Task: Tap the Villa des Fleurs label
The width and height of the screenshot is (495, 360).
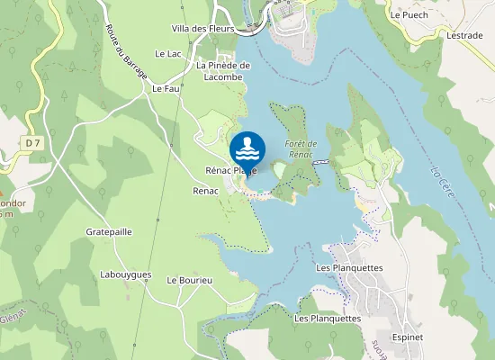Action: click(202, 29)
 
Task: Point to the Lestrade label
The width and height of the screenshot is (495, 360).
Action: click(464, 35)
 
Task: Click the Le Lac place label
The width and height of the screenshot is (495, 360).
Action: click(168, 54)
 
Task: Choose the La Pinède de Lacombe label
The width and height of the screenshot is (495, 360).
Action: click(222, 71)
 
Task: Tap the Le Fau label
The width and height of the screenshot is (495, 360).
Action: click(166, 89)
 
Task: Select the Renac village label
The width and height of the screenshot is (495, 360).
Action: click(206, 191)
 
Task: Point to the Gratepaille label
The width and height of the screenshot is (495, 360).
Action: click(109, 231)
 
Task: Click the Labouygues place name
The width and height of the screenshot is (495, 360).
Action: click(126, 274)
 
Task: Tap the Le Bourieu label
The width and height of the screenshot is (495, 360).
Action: click(189, 281)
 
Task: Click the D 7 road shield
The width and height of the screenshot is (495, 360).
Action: click(34, 142)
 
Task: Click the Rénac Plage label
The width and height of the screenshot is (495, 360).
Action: click(231, 171)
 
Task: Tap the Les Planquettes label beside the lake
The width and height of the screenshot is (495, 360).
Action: click(350, 268)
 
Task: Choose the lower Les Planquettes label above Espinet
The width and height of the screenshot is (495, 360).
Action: click(328, 319)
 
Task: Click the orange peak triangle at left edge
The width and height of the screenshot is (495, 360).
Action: click(3, 193)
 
